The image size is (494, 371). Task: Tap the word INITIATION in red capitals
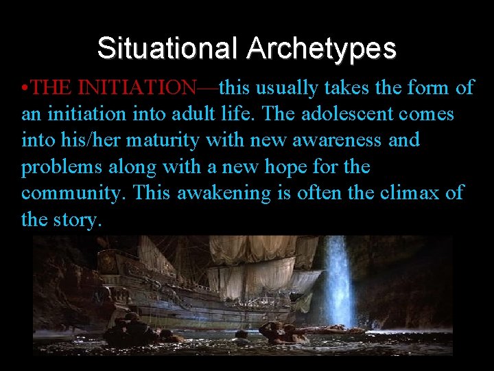pyautogui.click(x=137, y=87)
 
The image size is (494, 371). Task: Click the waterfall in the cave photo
pyautogui.click(x=338, y=282)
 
